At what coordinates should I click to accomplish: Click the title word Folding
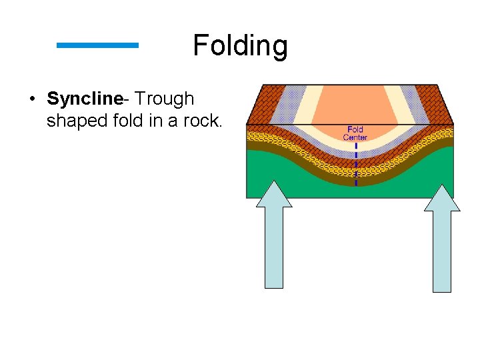(x=240, y=46)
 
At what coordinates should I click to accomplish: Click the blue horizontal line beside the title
(x=97, y=45)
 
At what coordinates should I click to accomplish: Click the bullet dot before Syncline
(x=31, y=100)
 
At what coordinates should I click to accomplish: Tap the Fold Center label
(x=355, y=133)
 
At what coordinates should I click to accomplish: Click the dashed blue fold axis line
(x=356, y=163)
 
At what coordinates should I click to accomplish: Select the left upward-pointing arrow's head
(x=274, y=194)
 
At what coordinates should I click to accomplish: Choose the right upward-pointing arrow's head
(x=442, y=198)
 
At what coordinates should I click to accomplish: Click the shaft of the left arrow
(x=274, y=247)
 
